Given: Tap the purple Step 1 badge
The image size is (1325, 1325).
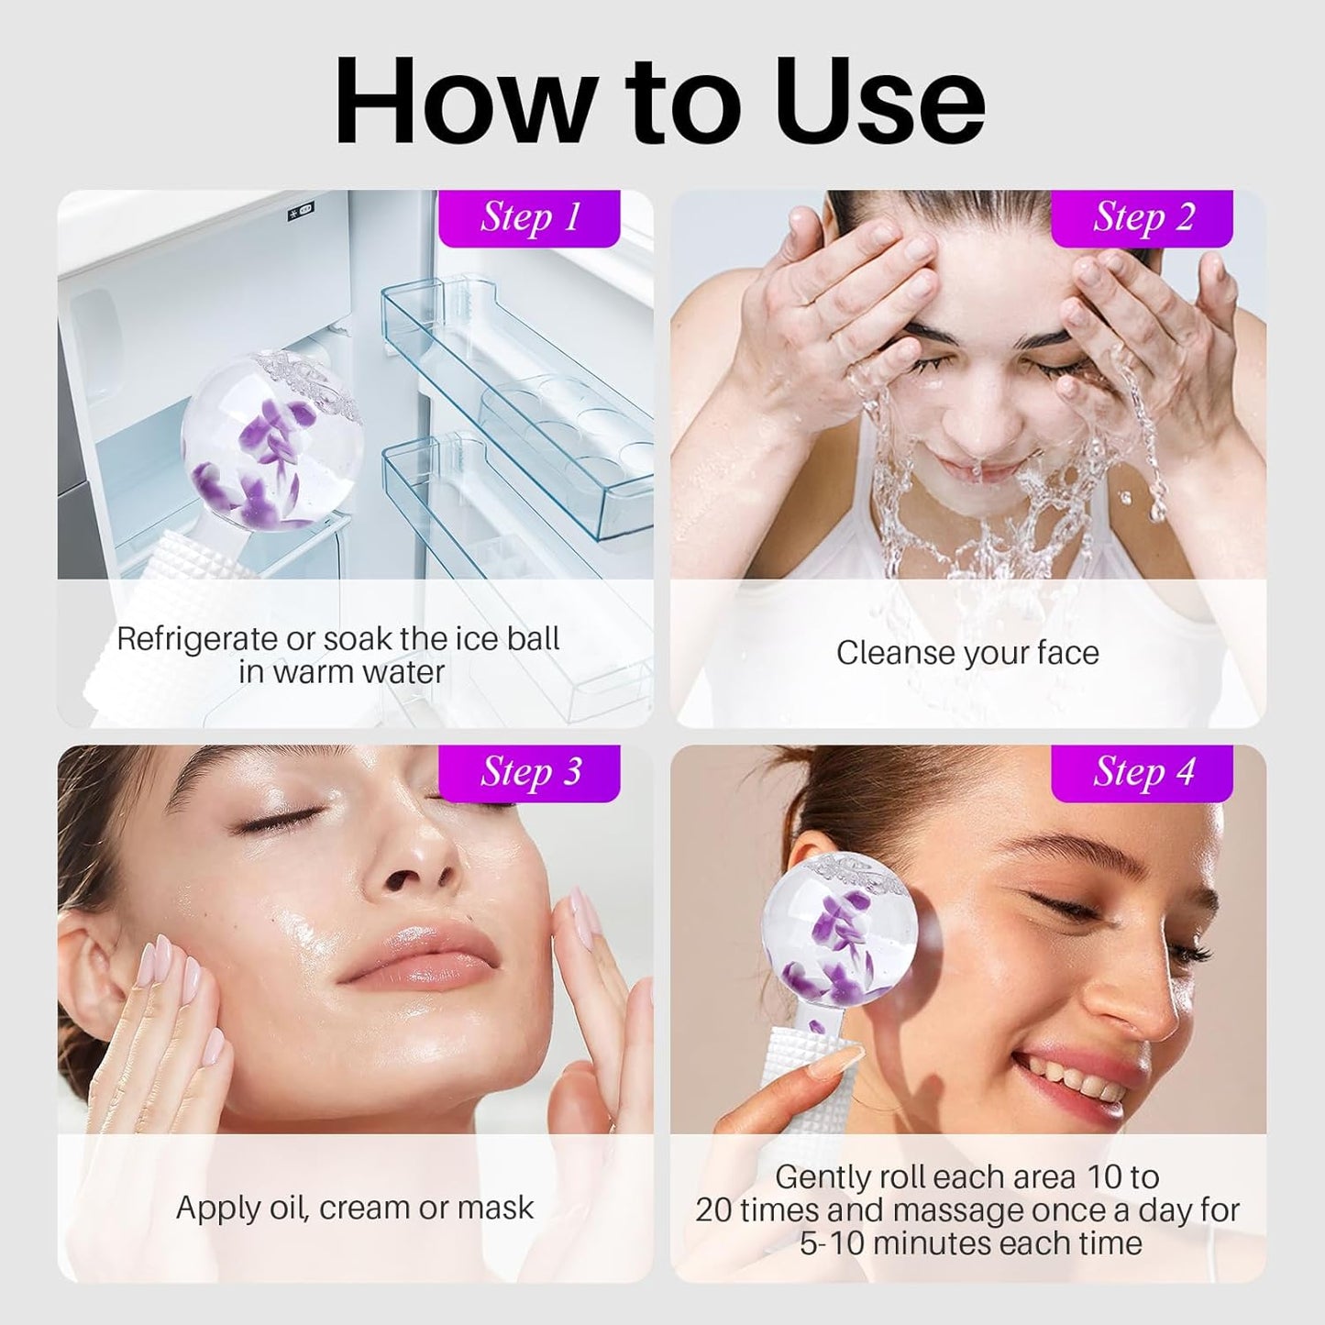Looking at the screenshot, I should click(x=530, y=218).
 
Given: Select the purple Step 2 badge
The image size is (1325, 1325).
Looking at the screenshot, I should click(x=1143, y=218).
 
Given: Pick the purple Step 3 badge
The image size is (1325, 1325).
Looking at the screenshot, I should click(x=530, y=773).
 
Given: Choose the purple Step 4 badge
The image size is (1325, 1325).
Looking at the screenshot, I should click(x=1143, y=773).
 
